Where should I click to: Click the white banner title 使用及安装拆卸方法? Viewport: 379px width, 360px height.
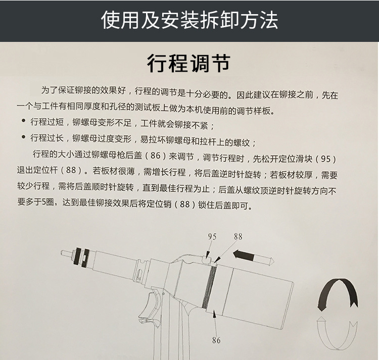pyautogui.click(x=189, y=20)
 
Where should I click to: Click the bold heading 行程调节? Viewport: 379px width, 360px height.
pyautogui.click(x=188, y=63)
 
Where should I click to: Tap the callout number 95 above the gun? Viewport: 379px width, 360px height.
pyautogui.click(x=212, y=237)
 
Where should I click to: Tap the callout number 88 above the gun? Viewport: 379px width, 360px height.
pyautogui.click(x=238, y=236)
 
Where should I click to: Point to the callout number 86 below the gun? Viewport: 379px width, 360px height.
pyautogui.click(x=216, y=340)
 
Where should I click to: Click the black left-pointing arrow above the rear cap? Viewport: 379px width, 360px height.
pyautogui.click(x=253, y=257)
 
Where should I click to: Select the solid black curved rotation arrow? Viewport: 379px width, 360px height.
pyautogui.click(x=338, y=294)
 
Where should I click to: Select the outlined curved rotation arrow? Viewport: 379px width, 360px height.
pyautogui.click(x=337, y=333)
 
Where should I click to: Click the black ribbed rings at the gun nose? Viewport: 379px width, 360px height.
pyautogui.click(x=82, y=258)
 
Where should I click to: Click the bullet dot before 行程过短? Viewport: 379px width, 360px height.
pyautogui.click(x=23, y=121)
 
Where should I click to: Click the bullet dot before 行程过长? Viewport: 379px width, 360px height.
pyautogui.click(x=23, y=137)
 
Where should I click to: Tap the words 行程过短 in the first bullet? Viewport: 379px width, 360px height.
pyautogui.click(x=47, y=122)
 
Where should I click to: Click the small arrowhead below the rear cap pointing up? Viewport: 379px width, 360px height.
pyautogui.click(x=214, y=314)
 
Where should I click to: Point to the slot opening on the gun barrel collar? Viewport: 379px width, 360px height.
pyautogui.click(x=138, y=274)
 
